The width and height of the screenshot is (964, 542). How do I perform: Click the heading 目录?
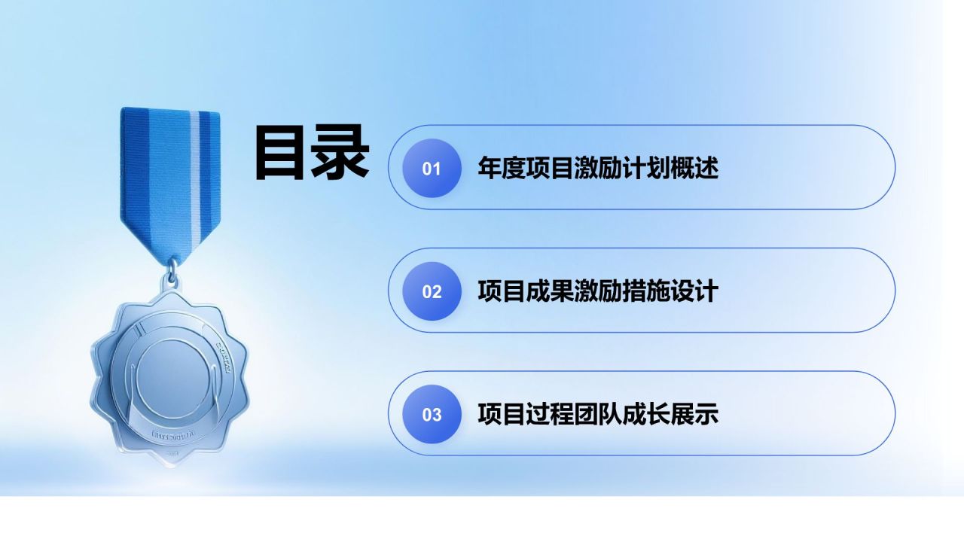[311, 153]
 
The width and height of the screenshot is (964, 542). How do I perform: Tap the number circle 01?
[432, 168]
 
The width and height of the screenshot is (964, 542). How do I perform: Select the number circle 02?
[432, 291]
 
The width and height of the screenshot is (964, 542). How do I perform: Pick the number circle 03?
[432, 414]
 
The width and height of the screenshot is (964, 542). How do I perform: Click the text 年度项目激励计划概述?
[598, 168]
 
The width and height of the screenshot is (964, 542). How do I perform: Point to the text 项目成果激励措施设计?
[598, 291]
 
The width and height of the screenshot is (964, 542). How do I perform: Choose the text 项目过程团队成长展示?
[598, 414]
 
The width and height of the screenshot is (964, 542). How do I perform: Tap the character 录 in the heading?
[340, 153]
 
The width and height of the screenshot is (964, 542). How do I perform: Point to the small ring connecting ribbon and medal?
[172, 269]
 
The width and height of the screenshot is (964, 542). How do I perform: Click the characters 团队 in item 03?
[598, 414]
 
